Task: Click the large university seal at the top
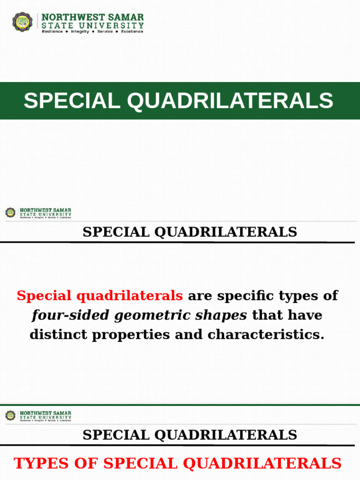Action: point(22,22)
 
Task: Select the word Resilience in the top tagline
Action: point(52,31)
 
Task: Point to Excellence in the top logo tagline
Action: point(132,31)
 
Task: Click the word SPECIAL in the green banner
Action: point(71,101)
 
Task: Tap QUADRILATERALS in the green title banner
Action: point(231,101)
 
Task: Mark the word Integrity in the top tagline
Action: point(80,31)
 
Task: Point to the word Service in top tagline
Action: point(105,31)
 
